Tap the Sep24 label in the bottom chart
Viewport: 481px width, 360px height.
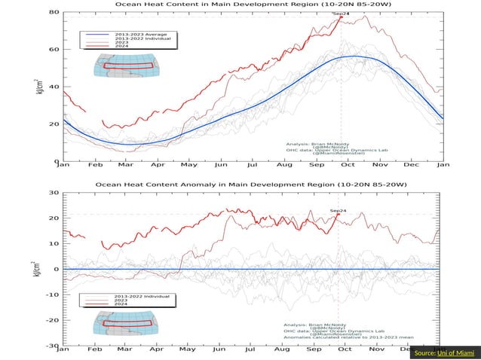tap(339, 211)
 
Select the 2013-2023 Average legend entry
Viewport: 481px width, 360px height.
tap(129, 35)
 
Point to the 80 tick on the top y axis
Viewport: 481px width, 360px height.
tap(55, 12)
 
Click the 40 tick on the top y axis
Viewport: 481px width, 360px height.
tap(55, 87)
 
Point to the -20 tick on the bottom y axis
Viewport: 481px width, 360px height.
tap(54, 320)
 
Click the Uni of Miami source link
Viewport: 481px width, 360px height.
tap(456, 352)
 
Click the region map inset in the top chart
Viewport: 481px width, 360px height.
tap(124, 66)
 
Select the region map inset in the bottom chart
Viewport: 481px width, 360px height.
tap(124, 324)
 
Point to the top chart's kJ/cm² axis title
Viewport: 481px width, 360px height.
tap(38, 86)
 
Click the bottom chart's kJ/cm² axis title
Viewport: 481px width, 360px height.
tap(38, 268)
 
